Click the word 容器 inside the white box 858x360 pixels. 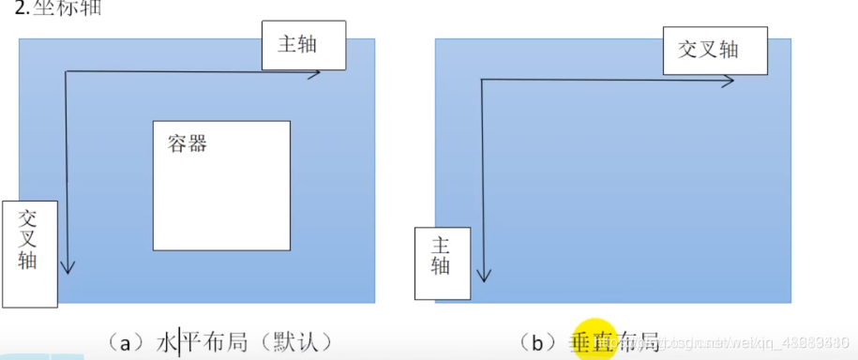coord(188,143)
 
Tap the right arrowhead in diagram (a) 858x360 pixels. coord(317,72)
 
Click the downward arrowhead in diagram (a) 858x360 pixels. coord(67,268)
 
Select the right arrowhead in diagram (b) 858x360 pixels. coord(729,82)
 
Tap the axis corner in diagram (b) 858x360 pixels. coord(482,82)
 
